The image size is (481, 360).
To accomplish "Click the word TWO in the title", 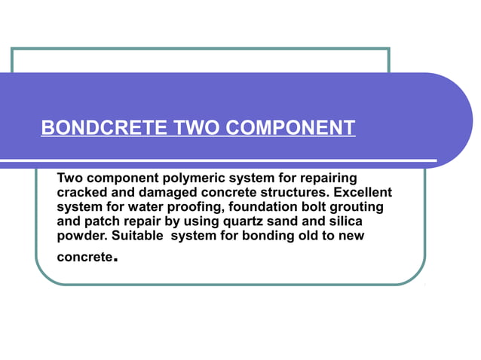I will pos(196,127).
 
